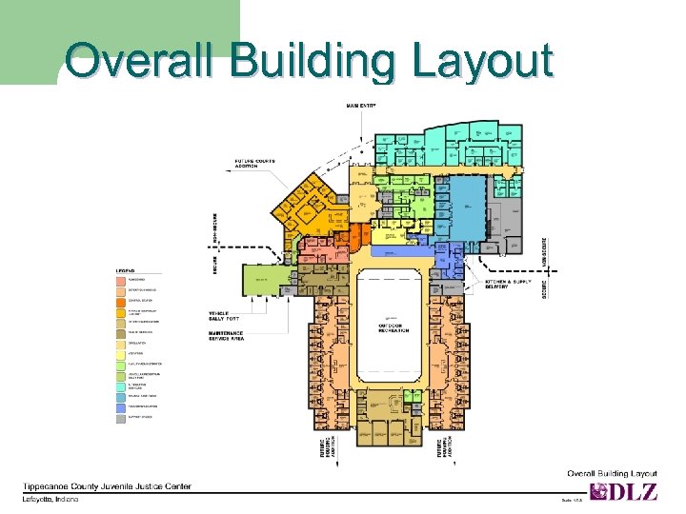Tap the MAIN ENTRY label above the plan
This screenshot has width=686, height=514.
point(360,105)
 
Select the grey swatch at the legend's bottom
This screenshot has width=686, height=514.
point(121,417)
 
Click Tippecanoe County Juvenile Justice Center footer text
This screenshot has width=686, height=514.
point(107,485)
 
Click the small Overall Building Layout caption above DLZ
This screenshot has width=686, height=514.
point(612,473)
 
